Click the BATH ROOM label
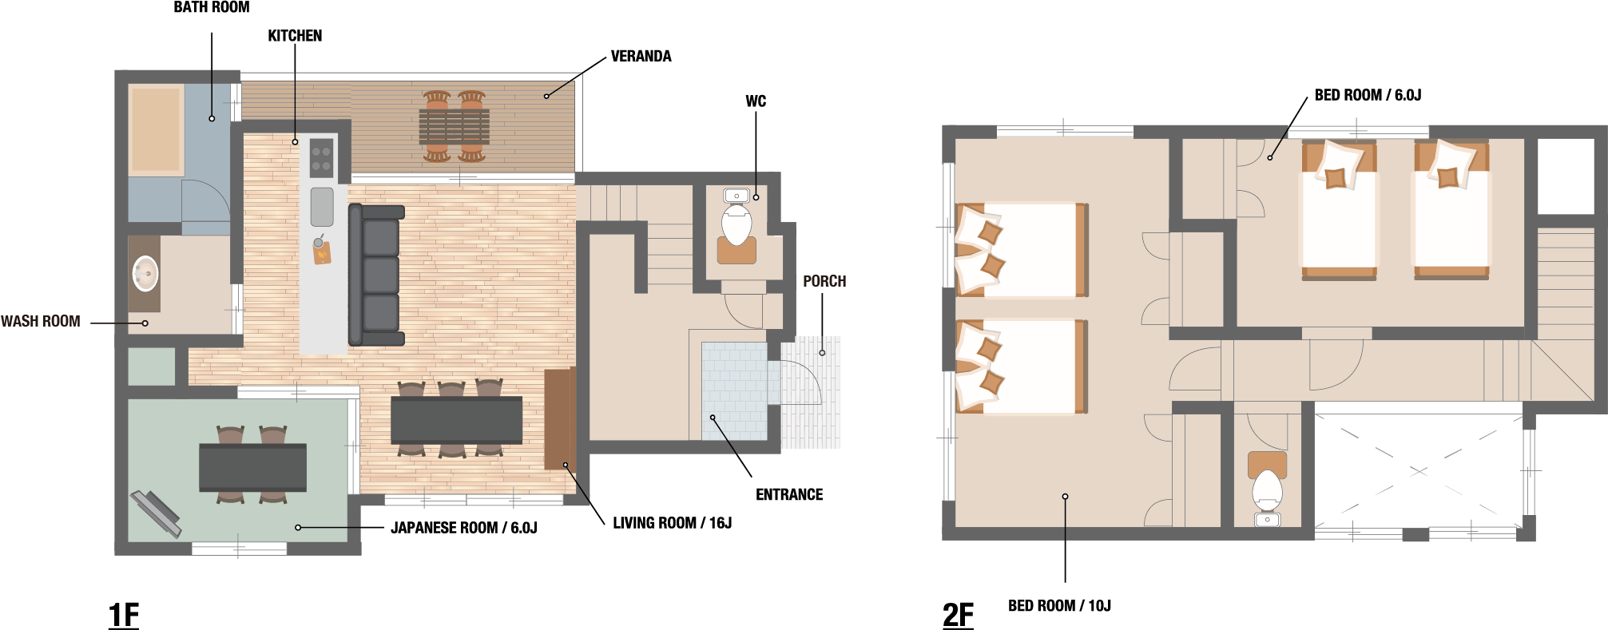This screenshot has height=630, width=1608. click(x=212, y=7)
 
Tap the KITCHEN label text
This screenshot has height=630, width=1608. click(x=295, y=36)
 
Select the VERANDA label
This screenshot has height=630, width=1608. click(x=641, y=57)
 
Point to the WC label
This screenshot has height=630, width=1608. click(x=756, y=101)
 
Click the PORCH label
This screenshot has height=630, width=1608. click(x=824, y=281)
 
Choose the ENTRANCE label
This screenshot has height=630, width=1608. click(x=789, y=494)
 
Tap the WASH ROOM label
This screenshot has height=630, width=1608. click(x=41, y=321)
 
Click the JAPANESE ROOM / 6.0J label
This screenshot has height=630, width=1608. click(x=464, y=528)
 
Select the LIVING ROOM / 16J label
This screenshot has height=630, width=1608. click(x=673, y=523)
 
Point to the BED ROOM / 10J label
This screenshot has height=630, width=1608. click(x=1059, y=606)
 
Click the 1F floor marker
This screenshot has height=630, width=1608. click(x=124, y=615)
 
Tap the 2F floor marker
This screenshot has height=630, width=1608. click(x=958, y=615)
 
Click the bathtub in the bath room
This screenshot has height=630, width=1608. click(x=156, y=129)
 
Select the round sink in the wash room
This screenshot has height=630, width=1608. click(x=145, y=274)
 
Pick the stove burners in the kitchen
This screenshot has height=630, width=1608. click(x=321, y=158)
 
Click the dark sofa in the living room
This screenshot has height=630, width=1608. click(x=376, y=275)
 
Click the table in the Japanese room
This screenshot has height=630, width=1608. click(x=252, y=467)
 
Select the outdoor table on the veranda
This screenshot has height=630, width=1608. click(x=454, y=127)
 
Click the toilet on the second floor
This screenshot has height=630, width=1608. click(x=1267, y=489)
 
